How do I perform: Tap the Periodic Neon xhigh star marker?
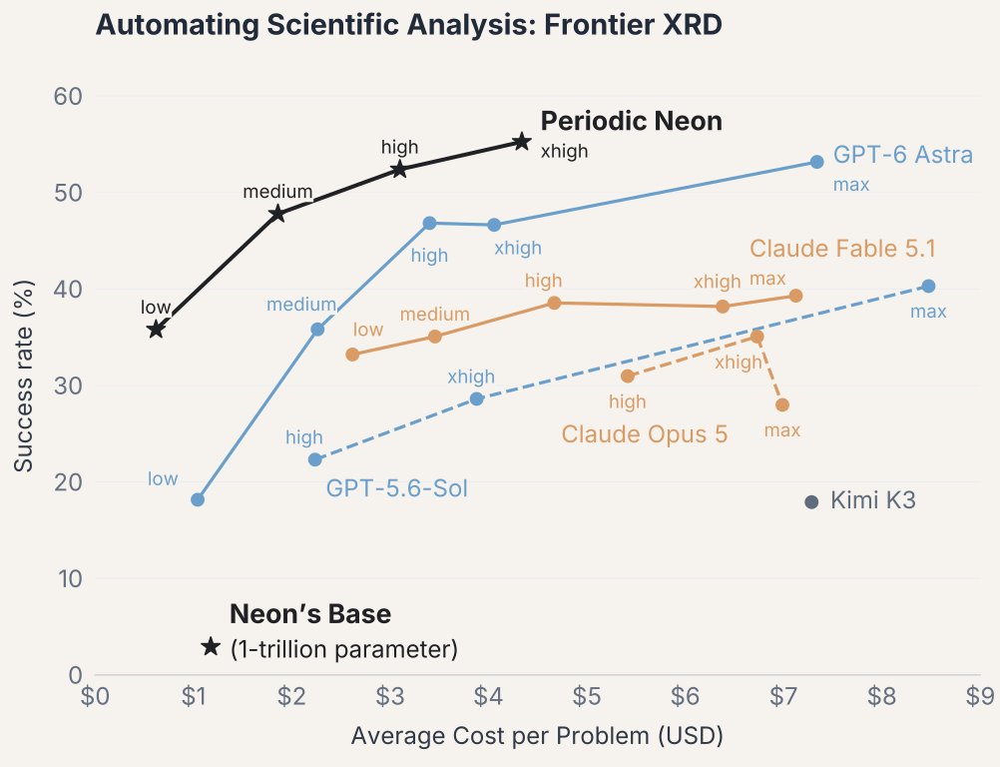coord(522,142)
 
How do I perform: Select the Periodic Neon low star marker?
coord(156,330)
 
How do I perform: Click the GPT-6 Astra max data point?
coord(817,162)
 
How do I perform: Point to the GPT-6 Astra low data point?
coord(198,499)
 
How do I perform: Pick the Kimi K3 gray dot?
coord(811,502)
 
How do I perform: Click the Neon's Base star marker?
coord(211,647)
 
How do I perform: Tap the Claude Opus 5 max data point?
coord(782,405)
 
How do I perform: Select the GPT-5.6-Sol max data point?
coord(928,287)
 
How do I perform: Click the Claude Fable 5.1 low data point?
coord(352,355)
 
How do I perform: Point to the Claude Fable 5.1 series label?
coord(842,249)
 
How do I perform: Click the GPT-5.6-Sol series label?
coord(396,488)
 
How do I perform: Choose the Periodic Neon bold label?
coord(632,121)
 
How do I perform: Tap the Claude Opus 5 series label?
coord(644,433)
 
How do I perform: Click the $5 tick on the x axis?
coord(586,696)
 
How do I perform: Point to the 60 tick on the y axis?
coord(68,96)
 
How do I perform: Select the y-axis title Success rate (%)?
coord(24,377)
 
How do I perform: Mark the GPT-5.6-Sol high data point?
coord(315,459)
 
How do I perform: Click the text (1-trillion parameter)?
coord(343,649)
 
